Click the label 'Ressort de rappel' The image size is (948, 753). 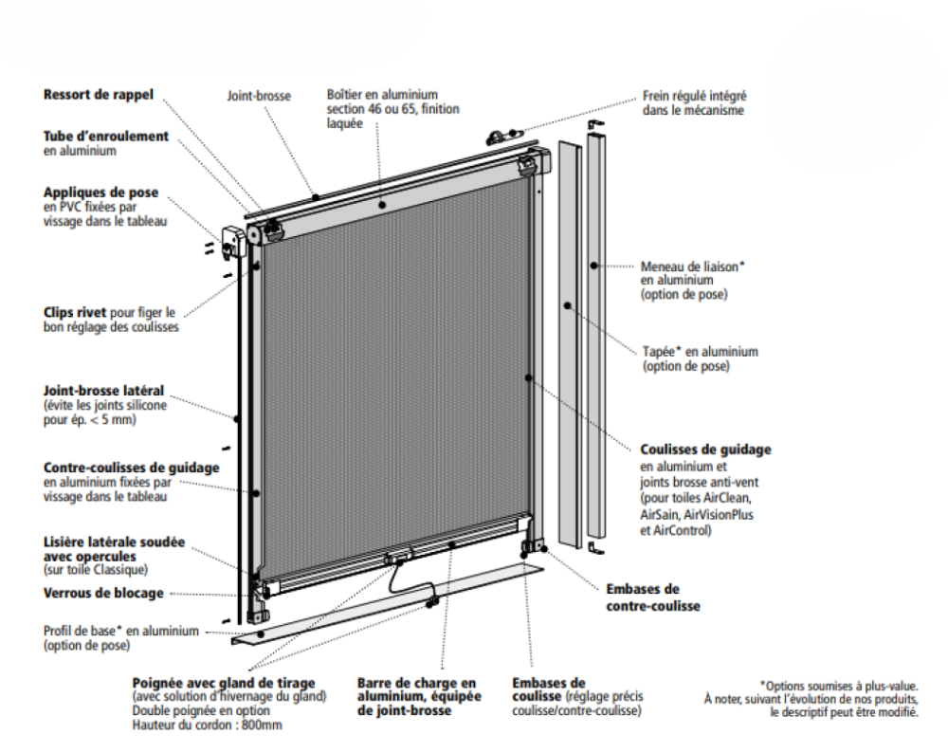(x=98, y=94)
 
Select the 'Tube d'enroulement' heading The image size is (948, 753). (x=106, y=136)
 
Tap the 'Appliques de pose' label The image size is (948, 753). (x=100, y=193)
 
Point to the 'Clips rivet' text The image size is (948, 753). (x=74, y=312)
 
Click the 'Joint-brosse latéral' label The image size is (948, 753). (x=103, y=390)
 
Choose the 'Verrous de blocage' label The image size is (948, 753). (x=103, y=593)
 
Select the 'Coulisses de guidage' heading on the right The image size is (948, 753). (x=705, y=450)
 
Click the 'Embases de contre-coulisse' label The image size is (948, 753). (x=653, y=597)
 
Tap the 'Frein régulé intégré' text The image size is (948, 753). (x=694, y=96)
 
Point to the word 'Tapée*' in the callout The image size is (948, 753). (x=662, y=352)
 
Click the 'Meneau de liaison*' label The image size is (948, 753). (x=693, y=266)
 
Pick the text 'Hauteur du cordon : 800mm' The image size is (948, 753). (x=207, y=725)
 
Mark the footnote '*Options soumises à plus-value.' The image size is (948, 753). (x=839, y=686)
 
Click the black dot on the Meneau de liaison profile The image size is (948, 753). (x=594, y=266)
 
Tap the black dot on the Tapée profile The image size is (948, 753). (x=567, y=305)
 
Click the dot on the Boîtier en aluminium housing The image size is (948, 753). (x=382, y=205)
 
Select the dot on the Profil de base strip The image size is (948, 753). (x=261, y=634)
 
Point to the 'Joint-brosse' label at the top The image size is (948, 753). (x=259, y=96)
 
